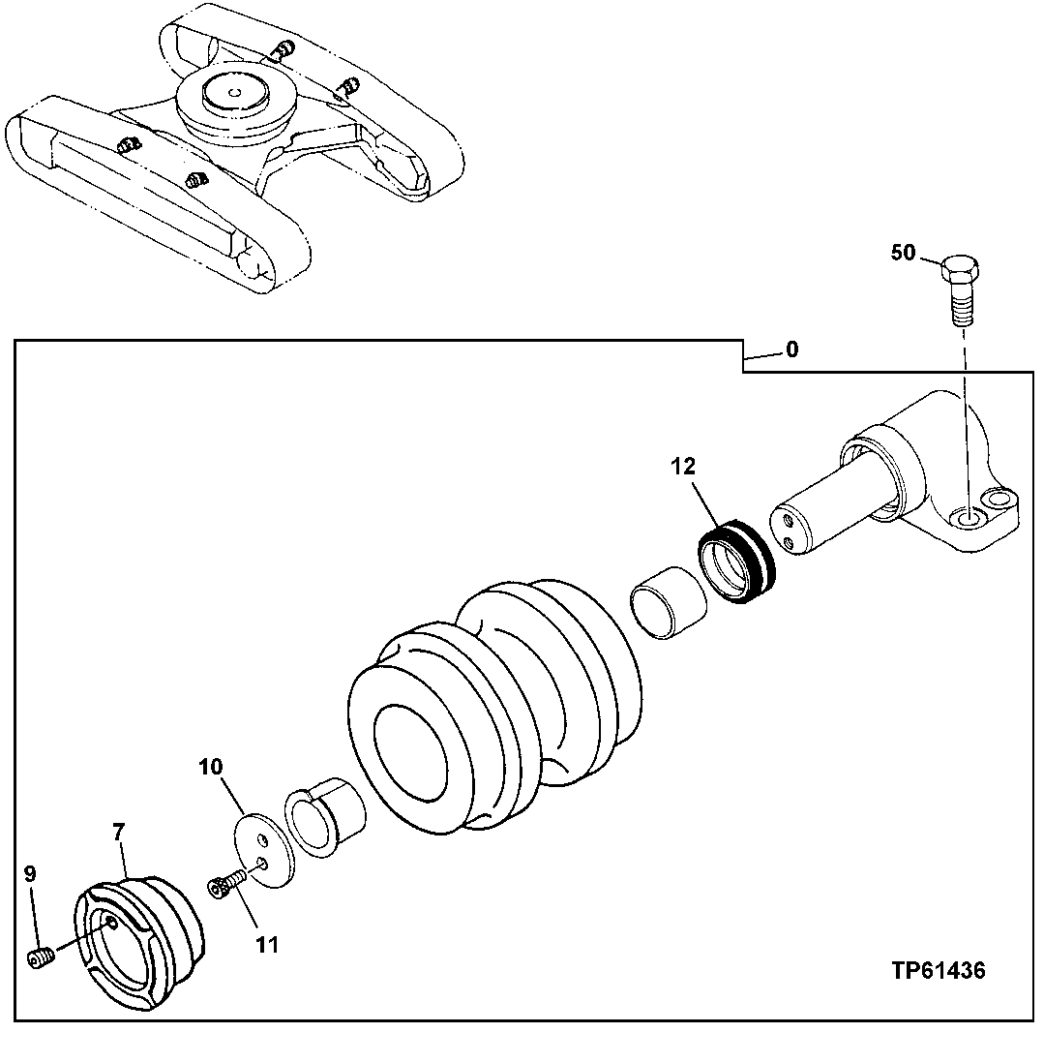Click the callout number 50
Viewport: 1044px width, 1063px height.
[x=902, y=254]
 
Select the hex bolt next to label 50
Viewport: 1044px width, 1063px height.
[x=962, y=286]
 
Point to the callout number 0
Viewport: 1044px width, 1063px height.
[x=791, y=350]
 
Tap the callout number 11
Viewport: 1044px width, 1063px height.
[x=267, y=944]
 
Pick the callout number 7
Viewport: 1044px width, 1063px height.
[x=118, y=830]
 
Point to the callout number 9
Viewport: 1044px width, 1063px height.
[x=29, y=873]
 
